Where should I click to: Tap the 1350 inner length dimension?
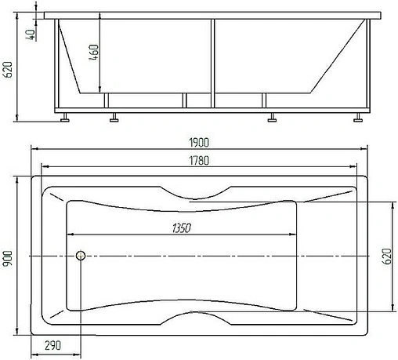coord(179,228)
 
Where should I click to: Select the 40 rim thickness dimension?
coord(30,35)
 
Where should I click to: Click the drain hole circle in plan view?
coord(80,256)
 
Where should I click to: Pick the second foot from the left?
coord(114,120)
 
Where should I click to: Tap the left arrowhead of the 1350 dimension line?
coord(70,235)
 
